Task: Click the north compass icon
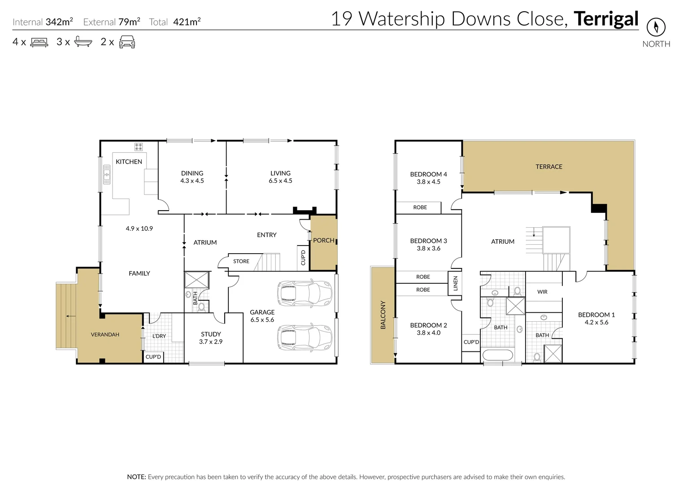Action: pos(656,28)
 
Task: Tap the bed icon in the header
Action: pos(39,43)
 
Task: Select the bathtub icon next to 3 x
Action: pos(83,42)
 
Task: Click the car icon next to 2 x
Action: pos(127,42)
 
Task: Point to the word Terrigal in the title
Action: pos(606,19)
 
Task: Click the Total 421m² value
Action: pos(186,22)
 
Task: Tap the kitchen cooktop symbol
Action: pos(139,147)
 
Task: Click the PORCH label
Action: pos(323,241)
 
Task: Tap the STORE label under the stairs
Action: pos(241,261)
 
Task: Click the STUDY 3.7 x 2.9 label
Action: pos(211,337)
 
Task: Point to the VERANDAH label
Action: pos(105,334)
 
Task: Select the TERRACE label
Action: pos(548,167)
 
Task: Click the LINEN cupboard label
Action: pos(455,283)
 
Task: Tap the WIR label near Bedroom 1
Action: pos(542,292)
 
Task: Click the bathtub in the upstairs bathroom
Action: pos(497,356)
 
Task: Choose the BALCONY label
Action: pos(383,315)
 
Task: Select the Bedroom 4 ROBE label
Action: pos(420,207)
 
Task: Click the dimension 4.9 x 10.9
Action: pos(139,229)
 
